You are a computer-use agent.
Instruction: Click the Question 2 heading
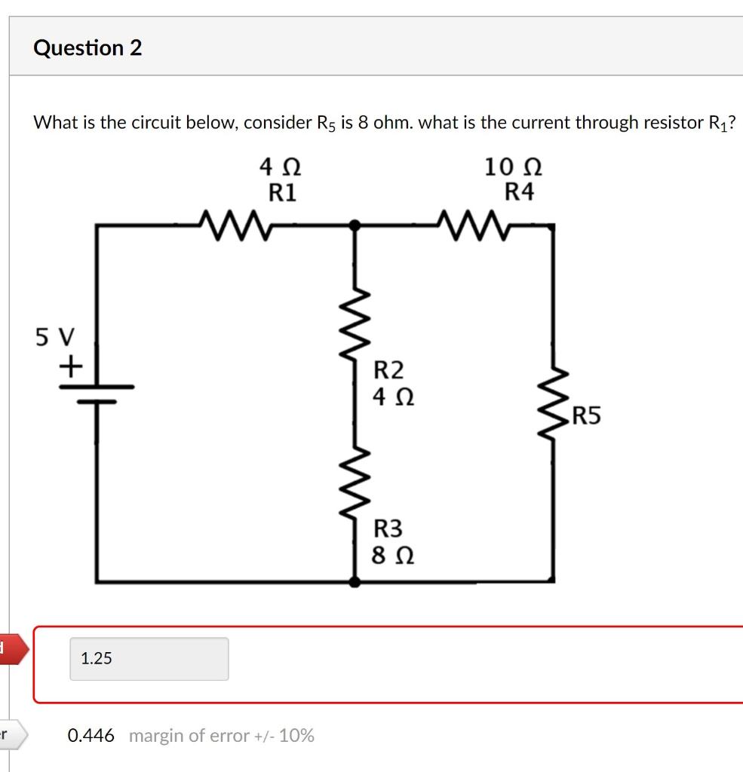pos(88,48)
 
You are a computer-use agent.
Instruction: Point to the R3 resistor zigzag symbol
pos(356,482)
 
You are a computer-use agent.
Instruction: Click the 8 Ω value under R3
pos(393,556)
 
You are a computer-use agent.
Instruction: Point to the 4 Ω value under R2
pos(393,395)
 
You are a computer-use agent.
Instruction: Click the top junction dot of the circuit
pos(355,225)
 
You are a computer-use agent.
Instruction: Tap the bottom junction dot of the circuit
pos(355,581)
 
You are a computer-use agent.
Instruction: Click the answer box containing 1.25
pos(149,658)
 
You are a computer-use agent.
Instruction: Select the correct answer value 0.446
pos(91,735)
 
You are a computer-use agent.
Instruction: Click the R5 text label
pos(587,415)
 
